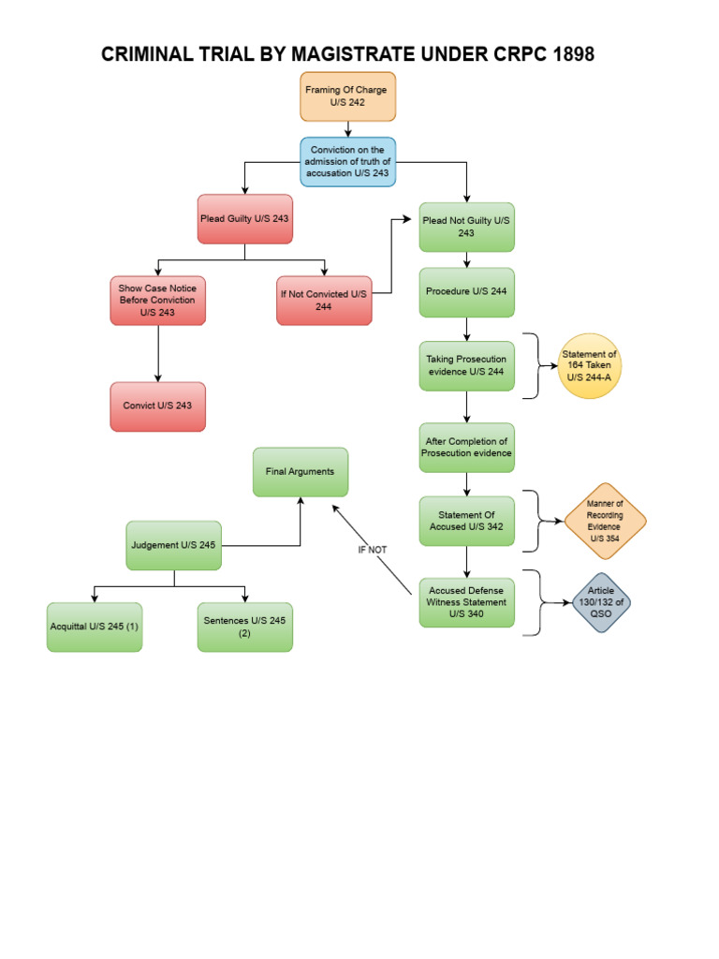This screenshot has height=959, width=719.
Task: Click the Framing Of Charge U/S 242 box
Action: [x=347, y=96]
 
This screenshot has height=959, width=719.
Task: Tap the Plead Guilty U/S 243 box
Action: [x=244, y=219]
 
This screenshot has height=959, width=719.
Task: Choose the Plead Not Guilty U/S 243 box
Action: [x=466, y=227]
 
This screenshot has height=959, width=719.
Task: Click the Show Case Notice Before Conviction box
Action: [x=157, y=300]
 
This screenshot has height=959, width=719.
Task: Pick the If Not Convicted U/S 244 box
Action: [x=323, y=300]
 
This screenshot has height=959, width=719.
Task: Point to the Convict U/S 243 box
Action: [x=157, y=406]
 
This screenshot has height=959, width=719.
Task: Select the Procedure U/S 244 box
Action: [x=466, y=291]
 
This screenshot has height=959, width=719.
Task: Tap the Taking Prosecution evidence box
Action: [x=466, y=365]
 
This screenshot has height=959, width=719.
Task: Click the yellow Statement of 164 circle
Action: [x=588, y=366]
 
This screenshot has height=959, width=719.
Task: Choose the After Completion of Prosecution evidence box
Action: [x=466, y=448]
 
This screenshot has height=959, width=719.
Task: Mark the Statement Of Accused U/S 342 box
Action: [x=466, y=521]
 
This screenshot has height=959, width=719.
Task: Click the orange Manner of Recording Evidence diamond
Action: [x=605, y=521]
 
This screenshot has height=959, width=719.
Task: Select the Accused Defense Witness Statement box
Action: [x=466, y=602]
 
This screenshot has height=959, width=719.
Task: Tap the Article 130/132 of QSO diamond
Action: [x=602, y=603]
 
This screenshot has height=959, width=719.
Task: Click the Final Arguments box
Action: [x=300, y=472]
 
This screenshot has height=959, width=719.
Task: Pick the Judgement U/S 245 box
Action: [x=174, y=545]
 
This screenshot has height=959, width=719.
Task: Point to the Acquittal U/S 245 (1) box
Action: [x=95, y=627]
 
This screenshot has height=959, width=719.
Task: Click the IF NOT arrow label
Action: [x=372, y=550]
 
